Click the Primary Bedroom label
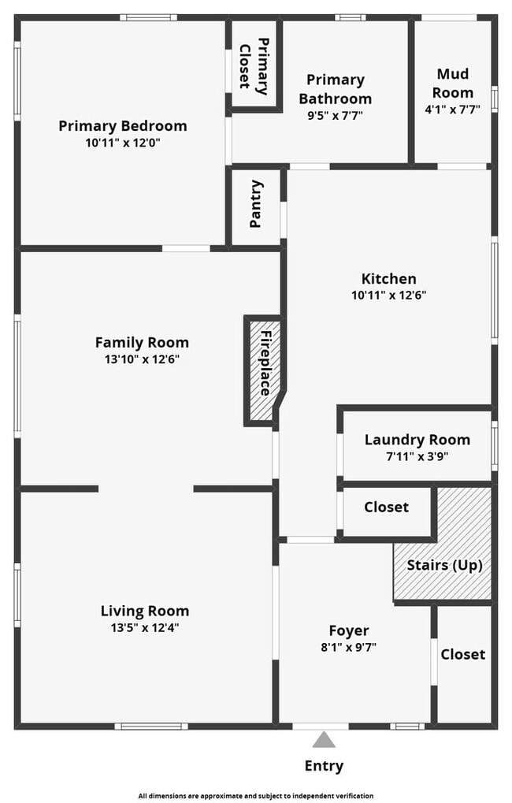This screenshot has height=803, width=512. click(x=122, y=126)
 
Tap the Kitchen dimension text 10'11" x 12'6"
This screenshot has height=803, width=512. click(x=388, y=295)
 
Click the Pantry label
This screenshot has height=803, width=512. click(x=255, y=204)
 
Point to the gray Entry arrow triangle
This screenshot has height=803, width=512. click(x=324, y=740)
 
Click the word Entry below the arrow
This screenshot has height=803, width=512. click(x=324, y=766)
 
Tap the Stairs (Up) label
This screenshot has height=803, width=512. click(x=444, y=565)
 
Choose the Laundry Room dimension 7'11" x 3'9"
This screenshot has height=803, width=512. click(x=417, y=455)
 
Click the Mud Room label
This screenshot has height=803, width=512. click(x=453, y=83)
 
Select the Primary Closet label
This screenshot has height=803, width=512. click(x=254, y=66)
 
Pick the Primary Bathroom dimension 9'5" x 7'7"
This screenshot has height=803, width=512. click(x=335, y=115)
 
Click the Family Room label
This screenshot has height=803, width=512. click(x=142, y=342)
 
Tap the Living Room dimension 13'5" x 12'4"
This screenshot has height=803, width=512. click(x=145, y=627)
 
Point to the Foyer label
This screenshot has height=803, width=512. click(x=349, y=630)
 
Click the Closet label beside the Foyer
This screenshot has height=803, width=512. click(x=463, y=654)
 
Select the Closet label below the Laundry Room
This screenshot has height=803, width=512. click(x=386, y=507)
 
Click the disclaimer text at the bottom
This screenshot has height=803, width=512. click(x=255, y=796)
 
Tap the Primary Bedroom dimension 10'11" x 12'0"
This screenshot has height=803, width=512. click(x=123, y=143)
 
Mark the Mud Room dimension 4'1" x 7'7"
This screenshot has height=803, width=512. click(x=453, y=109)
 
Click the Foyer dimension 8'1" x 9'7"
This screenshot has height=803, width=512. click(x=349, y=647)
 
